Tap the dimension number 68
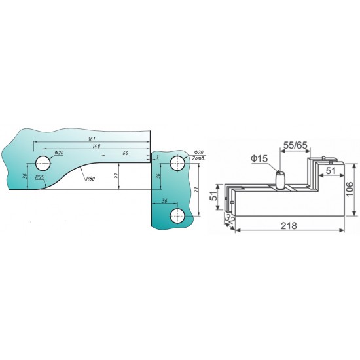click(x=124, y=153)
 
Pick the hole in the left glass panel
click(x=43, y=162)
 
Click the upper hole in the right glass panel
click(x=176, y=162)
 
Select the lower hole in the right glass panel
click(x=176, y=215)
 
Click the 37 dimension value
click(x=117, y=175)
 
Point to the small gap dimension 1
click(x=158, y=158)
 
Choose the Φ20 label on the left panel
click(x=59, y=153)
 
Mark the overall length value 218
click(x=289, y=225)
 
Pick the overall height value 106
click(x=351, y=190)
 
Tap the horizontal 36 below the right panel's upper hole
click(x=164, y=201)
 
